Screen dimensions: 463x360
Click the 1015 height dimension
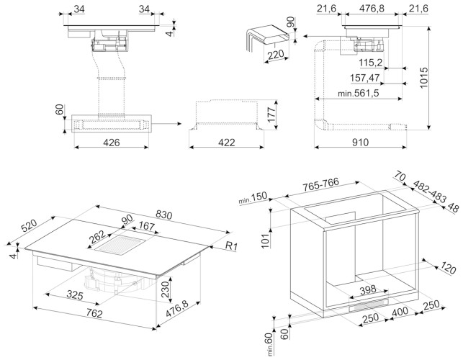423,78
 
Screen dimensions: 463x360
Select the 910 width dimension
360,143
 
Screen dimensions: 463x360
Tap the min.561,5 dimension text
358,94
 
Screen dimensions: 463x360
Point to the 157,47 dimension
364,78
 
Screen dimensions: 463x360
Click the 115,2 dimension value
371,63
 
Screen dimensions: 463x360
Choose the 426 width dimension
112,143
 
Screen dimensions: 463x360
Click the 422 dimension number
227,143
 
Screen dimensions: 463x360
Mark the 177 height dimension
271,114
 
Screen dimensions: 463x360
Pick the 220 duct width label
276,55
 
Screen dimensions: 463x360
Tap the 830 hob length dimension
163,215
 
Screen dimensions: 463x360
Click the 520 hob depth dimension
29,225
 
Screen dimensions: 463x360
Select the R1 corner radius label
231,246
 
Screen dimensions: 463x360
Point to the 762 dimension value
94,313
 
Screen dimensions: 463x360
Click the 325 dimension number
75,294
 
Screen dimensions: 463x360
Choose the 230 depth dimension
165,289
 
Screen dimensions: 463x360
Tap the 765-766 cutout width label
320,184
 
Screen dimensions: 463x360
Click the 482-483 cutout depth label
429,192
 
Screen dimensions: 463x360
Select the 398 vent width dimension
368,289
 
